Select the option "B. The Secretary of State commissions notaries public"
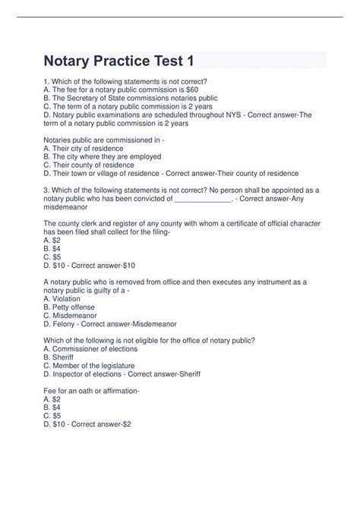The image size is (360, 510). click(131, 98)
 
